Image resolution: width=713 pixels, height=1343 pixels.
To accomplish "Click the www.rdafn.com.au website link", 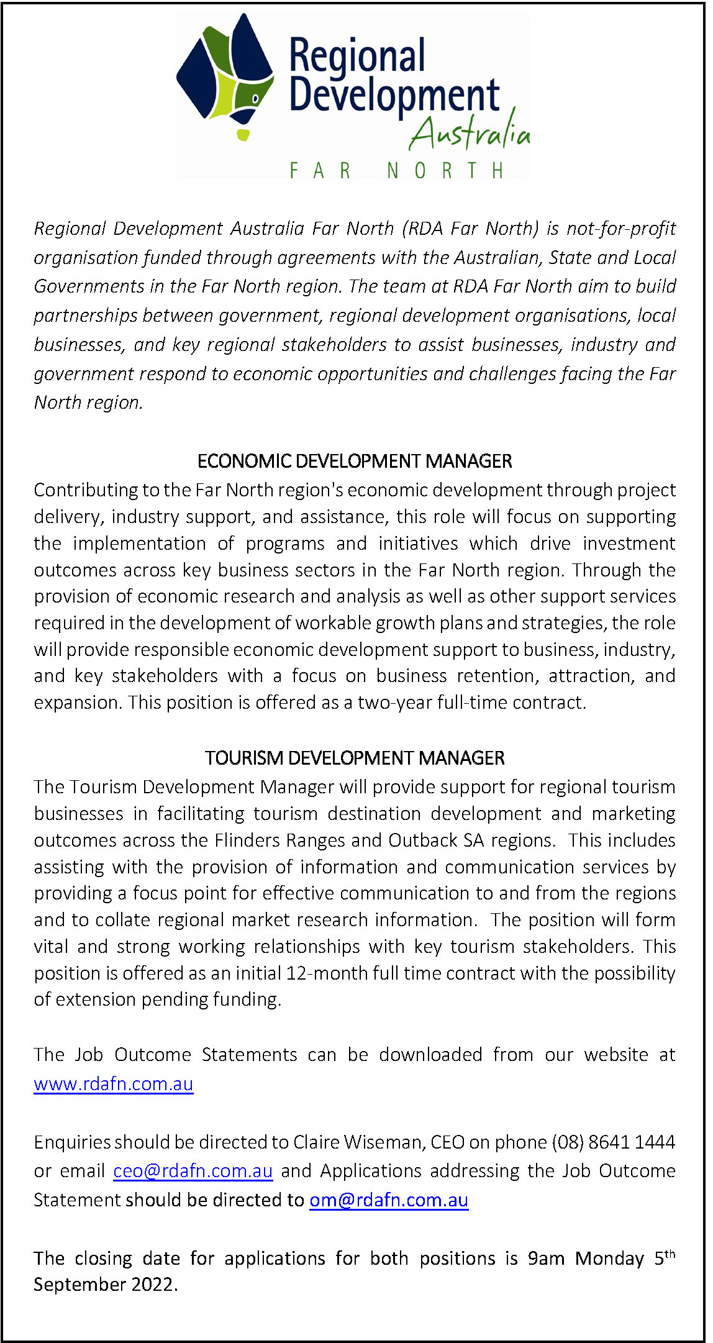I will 114,1084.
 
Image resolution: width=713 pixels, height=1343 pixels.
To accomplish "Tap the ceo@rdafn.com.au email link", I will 193,1171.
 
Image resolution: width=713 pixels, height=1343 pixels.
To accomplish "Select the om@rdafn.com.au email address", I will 389,1200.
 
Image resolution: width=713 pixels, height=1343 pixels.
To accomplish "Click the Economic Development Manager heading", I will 355,461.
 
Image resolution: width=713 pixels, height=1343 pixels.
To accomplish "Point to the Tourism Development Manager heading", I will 355,758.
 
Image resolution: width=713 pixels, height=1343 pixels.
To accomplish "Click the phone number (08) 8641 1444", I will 613,1142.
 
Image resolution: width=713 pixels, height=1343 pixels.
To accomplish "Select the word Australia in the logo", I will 470,133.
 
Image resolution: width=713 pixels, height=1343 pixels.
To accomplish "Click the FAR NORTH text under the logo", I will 397,170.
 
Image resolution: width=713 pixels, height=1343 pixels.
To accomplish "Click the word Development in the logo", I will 394,96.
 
